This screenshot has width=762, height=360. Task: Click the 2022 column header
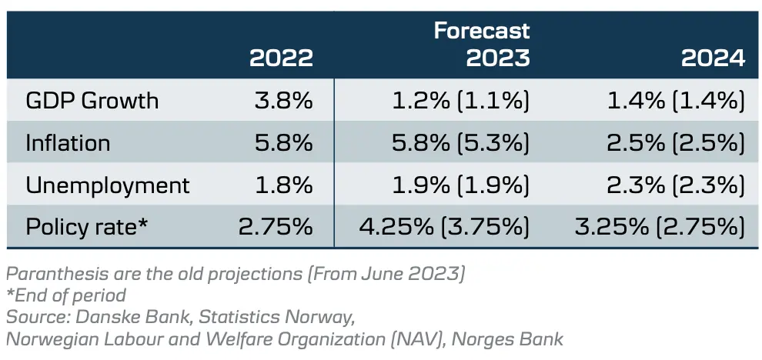click(x=281, y=58)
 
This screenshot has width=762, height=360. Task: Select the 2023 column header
click(x=498, y=58)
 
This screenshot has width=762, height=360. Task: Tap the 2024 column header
click(x=713, y=58)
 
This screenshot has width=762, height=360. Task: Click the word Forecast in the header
click(x=482, y=31)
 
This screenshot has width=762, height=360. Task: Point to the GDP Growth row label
click(x=92, y=101)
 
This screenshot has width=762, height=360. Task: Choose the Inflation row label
click(x=68, y=143)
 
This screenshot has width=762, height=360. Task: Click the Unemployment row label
click(x=107, y=185)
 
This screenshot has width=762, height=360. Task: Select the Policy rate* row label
click(x=86, y=227)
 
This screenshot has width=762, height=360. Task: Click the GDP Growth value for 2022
click(x=283, y=101)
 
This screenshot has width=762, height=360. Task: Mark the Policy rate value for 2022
click(x=276, y=227)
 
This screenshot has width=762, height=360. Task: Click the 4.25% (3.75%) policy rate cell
click(x=445, y=227)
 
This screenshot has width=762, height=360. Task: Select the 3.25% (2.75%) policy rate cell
click(x=660, y=227)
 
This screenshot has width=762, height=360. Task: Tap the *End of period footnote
click(x=65, y=295)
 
